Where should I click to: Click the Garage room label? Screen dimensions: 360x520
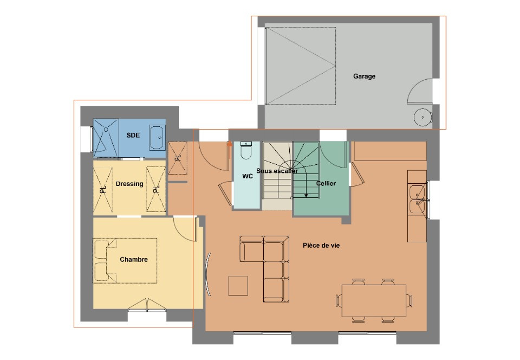(364, 76)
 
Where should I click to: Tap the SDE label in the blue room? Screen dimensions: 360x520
(133, 135)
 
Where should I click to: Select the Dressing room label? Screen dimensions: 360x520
(129, 184)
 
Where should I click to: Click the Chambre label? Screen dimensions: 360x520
(134, 260)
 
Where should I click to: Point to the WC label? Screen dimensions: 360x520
(248, 177)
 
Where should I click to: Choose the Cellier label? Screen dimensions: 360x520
(326, 183)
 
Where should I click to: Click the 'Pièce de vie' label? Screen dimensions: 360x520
(321, 246)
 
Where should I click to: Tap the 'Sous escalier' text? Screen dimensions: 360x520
(277, 171)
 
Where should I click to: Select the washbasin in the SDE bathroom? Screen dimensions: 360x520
(157, 138)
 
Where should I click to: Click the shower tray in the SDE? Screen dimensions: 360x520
(105, 137)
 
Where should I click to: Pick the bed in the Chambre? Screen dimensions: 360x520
(125, 260)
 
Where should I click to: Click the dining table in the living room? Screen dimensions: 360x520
(374, 300)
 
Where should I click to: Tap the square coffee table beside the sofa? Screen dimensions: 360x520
(238, 286)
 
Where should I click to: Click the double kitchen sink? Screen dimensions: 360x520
(417, 199)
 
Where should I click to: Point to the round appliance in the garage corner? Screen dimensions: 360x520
(421, 117)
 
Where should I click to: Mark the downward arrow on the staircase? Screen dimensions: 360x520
(305, 195)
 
